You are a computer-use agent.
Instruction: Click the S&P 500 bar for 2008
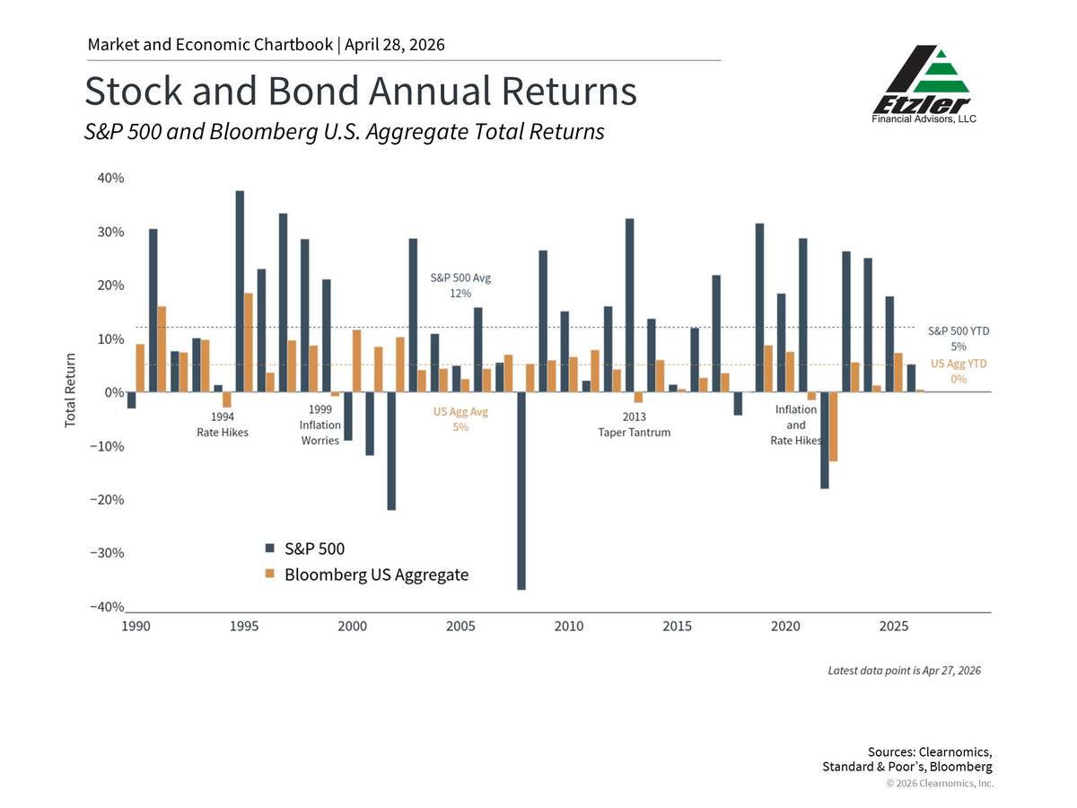[521, 490]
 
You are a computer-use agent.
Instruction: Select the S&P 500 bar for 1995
[240, 291]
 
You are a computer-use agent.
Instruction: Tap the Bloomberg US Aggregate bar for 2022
[834, 426]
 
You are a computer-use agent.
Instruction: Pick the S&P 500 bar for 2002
[391, 451]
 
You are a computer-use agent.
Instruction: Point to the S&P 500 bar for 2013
[629, 305]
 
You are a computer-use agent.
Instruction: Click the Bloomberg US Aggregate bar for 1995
[249, 342]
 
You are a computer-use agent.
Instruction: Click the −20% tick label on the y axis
[108, 500]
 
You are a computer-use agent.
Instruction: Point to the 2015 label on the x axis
[678, 626]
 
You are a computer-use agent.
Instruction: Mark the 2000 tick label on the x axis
[353, 626]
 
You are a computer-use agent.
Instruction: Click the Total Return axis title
[70, 390]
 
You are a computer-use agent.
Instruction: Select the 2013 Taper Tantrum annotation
[634, 425]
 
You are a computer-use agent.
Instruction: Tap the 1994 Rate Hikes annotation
[223, 425]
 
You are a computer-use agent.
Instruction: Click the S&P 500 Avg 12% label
[460, 285]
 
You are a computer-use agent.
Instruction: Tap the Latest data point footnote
[904, 670]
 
